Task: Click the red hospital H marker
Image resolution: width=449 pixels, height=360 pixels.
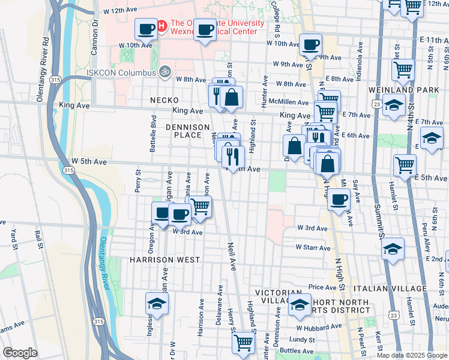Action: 161,26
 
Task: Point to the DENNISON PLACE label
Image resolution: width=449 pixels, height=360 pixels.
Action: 187,131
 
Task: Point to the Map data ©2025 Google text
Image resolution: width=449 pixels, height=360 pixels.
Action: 411,355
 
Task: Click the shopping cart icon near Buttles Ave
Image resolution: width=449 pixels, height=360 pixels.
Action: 244,343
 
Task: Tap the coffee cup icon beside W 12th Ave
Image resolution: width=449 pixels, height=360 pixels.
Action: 146,28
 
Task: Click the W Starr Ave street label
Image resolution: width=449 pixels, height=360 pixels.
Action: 312,247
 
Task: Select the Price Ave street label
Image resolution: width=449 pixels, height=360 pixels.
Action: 322,287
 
